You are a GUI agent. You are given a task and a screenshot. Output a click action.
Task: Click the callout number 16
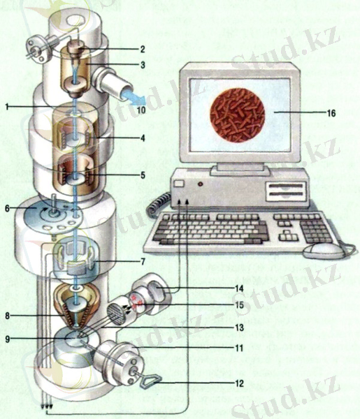point(331,113)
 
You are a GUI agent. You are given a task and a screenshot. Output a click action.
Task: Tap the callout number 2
point(143,49)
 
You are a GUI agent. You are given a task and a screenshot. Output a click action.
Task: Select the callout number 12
point(239,383)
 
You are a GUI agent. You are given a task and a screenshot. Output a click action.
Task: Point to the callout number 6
point(7,208)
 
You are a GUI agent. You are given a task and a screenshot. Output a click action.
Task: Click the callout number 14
point(239,288)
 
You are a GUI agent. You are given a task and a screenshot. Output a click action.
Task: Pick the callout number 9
point(8,339)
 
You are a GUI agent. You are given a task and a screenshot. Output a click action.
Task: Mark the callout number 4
point(143,138)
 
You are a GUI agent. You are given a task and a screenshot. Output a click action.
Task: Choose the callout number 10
point(141,110)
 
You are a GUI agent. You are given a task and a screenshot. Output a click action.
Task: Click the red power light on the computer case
point(201,184)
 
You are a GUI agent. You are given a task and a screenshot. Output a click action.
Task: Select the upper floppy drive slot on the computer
point(286,186)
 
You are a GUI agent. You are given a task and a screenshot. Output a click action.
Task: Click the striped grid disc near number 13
point(117,313)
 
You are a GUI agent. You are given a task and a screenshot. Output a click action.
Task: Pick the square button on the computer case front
point(179,184)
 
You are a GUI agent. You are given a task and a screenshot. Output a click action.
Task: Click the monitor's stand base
point(240,170)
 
